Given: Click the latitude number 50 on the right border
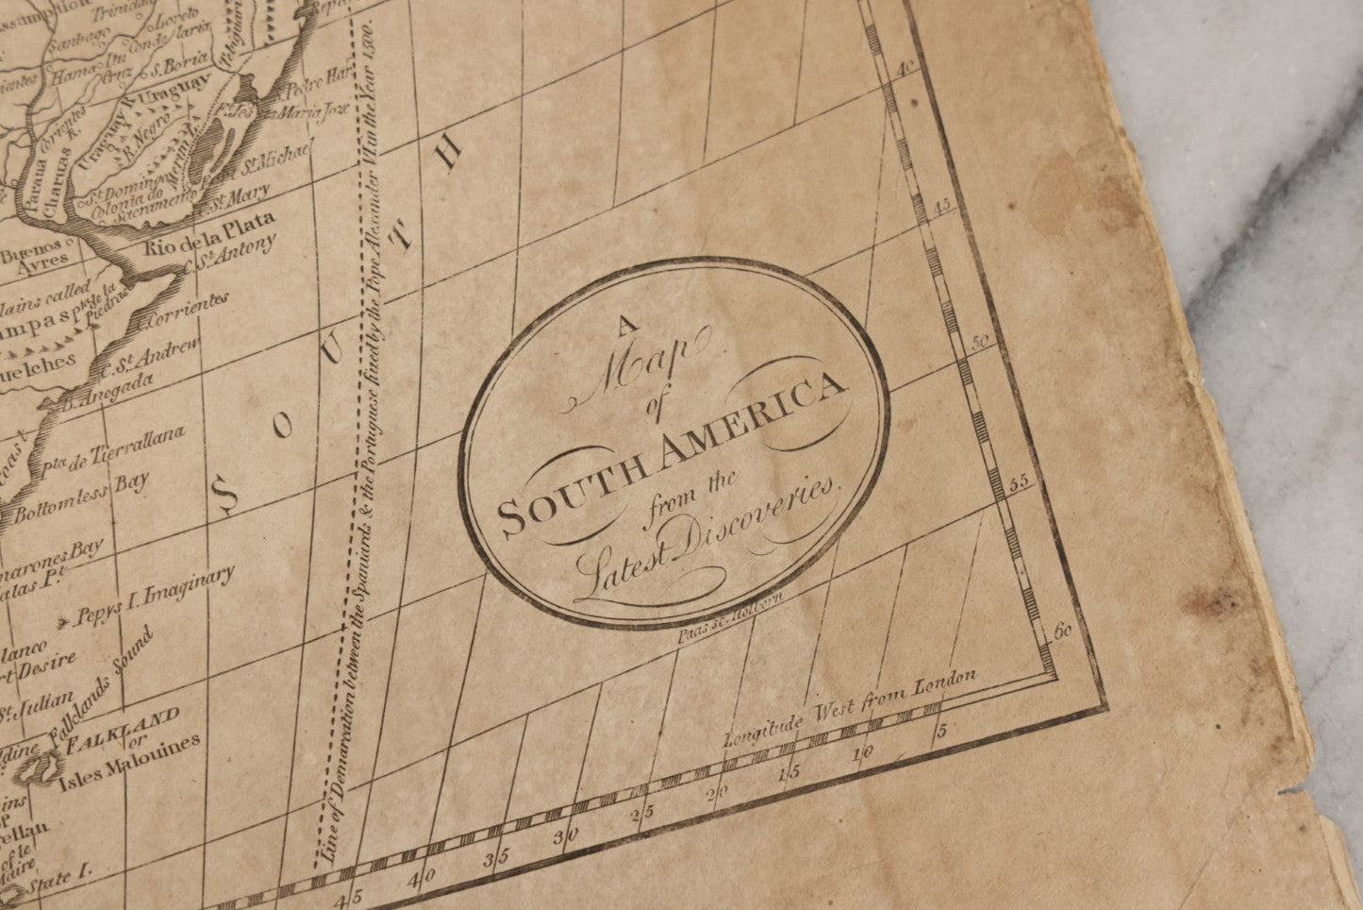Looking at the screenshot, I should pyautogui.click(x=982, y=343).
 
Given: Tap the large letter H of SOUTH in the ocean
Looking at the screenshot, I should pyautogui.click(x=453, y=150).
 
